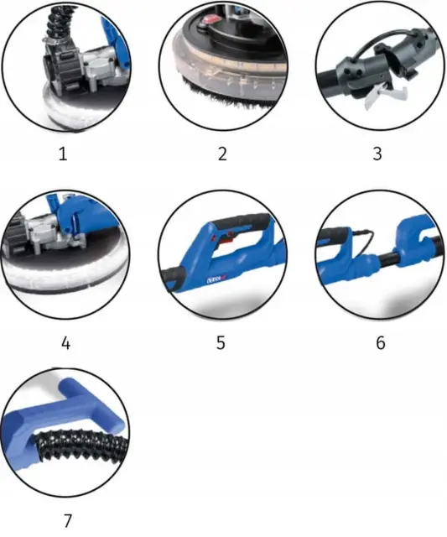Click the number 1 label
63,154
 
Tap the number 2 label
222,154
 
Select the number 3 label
377,154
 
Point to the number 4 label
65,343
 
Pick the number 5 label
221,343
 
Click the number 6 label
380,343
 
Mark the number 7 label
68,521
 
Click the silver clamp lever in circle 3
385,95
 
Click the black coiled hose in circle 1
56,21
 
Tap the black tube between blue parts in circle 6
387,259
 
